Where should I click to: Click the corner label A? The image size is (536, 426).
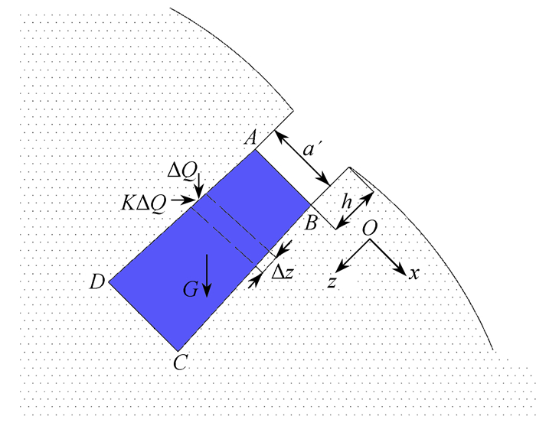pos(250,138)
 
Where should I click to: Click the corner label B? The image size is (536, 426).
pos(311,223)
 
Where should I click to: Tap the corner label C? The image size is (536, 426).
pos(181,363)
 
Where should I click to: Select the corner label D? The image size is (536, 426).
pos(97,282)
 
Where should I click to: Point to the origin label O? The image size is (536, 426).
pos(370,228)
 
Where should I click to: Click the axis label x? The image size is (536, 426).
pos(414,274)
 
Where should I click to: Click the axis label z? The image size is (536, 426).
pos(332,282)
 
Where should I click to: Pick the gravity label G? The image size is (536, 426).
pos(191,290)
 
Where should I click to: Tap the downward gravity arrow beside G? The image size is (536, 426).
pos(207,276)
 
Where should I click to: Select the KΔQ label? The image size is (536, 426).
pos(144,203)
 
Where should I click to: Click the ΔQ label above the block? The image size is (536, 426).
pos(182,170)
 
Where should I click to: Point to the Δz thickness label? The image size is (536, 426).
pos(283,272)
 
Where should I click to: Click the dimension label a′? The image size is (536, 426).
pos(309,149)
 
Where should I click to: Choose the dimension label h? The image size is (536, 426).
pos(347,202)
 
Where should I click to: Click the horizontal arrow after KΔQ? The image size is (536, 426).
pos(182,200)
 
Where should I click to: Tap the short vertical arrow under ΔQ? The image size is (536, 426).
pos(198,185)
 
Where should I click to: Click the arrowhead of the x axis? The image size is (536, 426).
pos(402,271)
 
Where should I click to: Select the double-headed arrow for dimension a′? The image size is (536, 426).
pos(302,158)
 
